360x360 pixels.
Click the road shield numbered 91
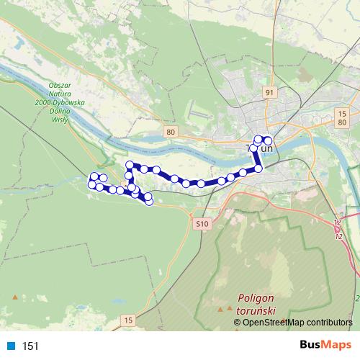(270, 93)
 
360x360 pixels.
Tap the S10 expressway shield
(202, 224)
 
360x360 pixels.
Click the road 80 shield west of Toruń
(170, 132)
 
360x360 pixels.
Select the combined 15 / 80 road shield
(342, 117)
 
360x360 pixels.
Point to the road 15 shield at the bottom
(128, 319)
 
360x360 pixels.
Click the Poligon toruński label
(258, 302)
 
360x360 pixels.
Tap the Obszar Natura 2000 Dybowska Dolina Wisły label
(55, 102)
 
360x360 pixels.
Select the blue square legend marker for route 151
(10, 346)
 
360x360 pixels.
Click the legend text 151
(31, 346)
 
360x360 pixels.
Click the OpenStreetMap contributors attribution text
(297, 323)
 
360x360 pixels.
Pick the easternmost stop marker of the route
(269, 141)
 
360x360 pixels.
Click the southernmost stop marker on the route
(149, 201)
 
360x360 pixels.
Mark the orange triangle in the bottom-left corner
(14, 296)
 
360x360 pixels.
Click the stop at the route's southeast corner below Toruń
(258, 168)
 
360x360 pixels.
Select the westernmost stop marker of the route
(91, 184)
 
